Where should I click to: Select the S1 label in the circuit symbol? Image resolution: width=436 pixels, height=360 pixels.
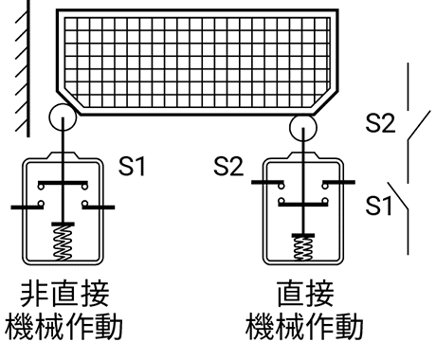[x=379, y=203]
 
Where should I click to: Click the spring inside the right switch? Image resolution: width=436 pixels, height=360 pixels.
[x=303, y=246]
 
